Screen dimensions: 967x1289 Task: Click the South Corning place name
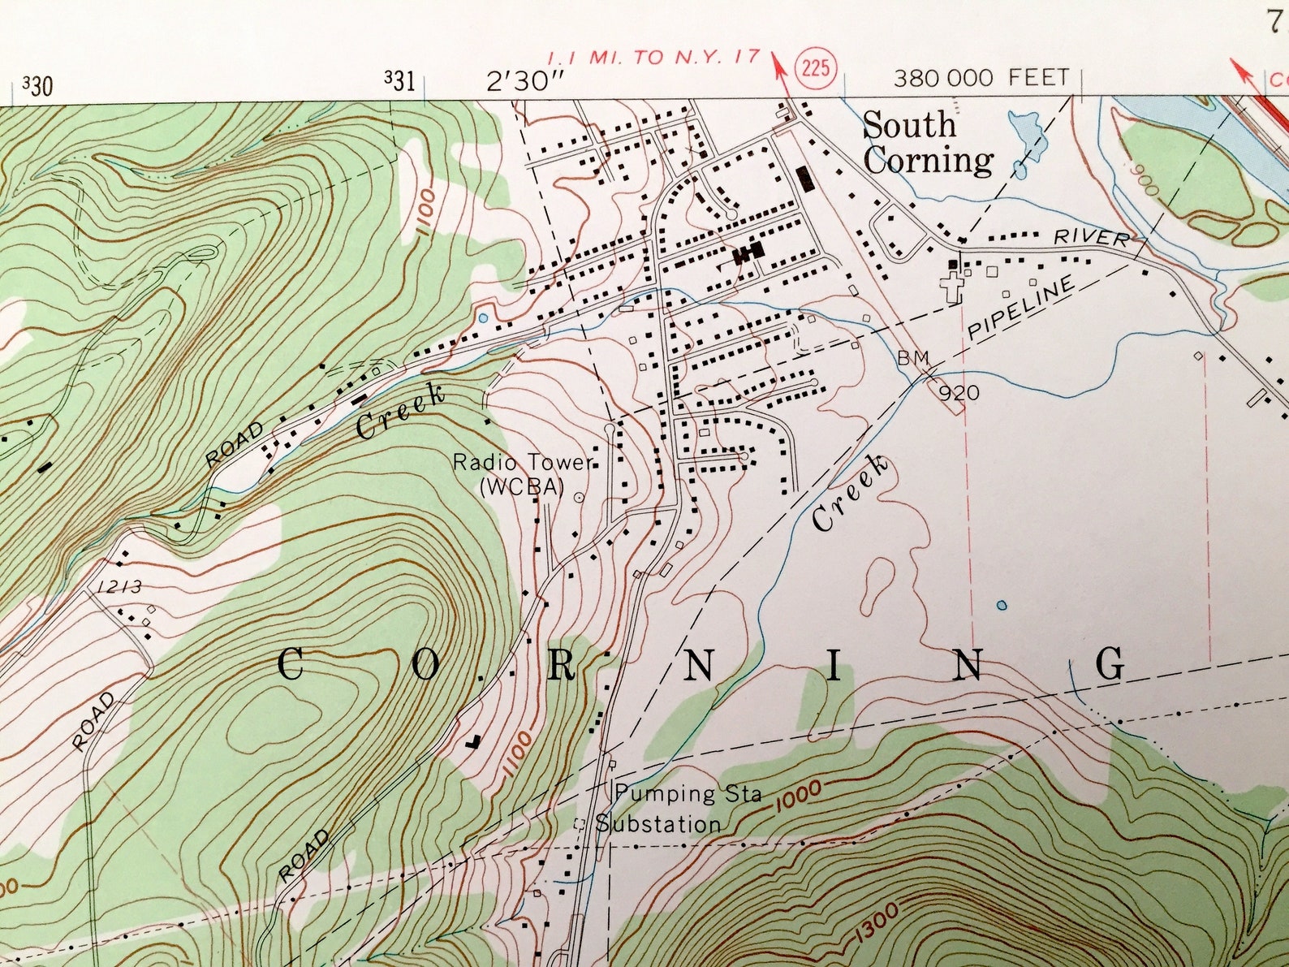[927, 144]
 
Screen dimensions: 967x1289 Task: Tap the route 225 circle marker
[815, 67]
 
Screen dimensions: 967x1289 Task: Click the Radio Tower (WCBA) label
[521, 475]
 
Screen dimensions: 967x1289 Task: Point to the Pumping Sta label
[688, 793]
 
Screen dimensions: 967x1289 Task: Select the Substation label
[658, 824]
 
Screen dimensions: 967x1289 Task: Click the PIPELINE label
[1022, 308]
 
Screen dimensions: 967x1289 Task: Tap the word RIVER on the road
[1091, 238]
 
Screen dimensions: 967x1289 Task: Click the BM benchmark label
[912, 357]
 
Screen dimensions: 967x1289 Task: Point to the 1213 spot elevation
[119, 586]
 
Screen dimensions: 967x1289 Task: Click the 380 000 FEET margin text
[981, 78]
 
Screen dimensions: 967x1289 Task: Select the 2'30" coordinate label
[525, 81]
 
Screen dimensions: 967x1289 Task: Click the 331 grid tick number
[399, 80]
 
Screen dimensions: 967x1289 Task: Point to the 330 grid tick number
[37, 84]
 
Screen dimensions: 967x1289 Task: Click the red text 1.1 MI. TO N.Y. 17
[653, 58]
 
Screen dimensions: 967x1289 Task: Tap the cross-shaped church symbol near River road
[950, 287]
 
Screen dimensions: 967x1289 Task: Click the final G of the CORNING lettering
[1110, 663]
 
